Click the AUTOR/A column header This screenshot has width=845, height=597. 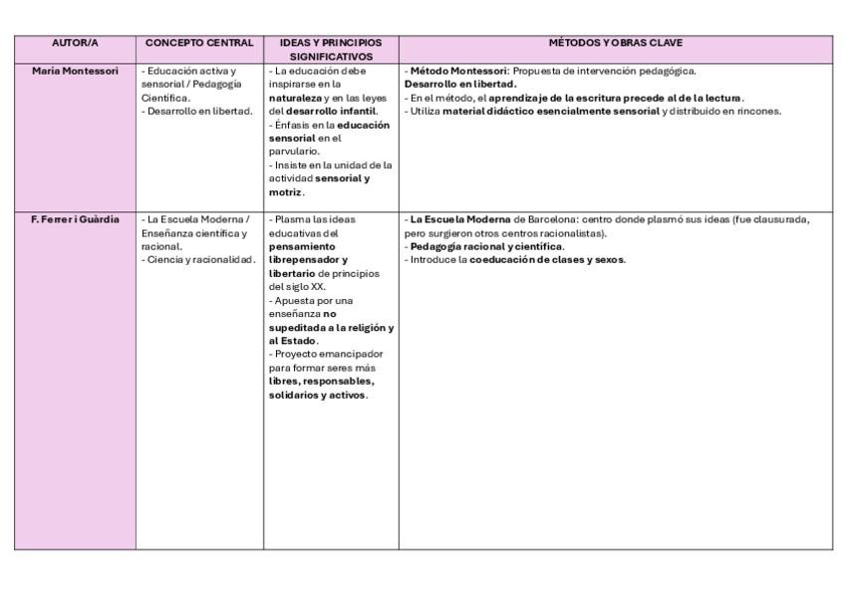75,43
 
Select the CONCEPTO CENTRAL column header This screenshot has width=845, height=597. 199,43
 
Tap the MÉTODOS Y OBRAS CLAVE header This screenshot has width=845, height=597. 615,43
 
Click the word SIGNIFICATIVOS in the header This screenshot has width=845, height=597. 331,57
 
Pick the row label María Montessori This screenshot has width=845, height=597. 75,71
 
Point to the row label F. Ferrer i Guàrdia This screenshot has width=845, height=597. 75,219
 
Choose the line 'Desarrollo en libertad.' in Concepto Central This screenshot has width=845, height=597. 196,111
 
